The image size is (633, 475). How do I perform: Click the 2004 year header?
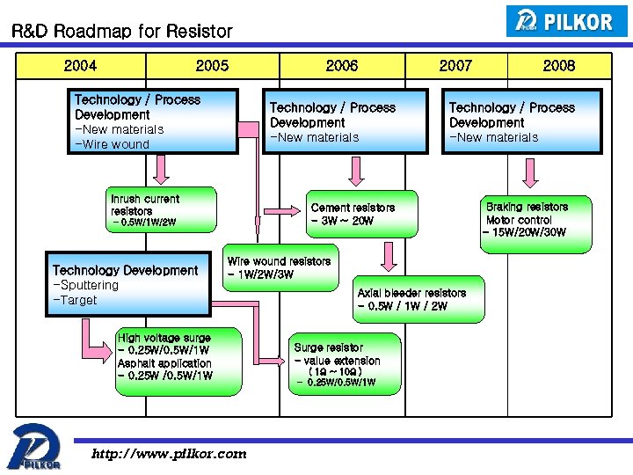tap(80, 65)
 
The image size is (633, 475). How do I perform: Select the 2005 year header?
tap(212, 65)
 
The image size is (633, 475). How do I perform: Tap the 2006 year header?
tap(342, 65)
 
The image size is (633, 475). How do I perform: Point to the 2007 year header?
tap(455, 65)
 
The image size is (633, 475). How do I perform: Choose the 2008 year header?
tap(559, 65)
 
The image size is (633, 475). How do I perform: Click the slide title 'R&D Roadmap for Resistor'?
tap(121, 32)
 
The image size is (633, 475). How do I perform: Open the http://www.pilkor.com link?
tap(170, 454)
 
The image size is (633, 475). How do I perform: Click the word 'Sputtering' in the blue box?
tap(87, 285)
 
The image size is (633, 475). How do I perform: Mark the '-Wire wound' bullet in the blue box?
tap(113, 144)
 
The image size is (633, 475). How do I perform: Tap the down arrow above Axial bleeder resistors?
tap(388, 257)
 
